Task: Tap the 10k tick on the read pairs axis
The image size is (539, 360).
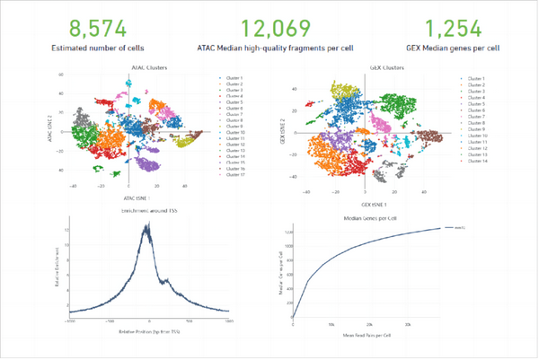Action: click(331, 324)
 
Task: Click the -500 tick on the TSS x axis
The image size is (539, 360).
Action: click(109, 320)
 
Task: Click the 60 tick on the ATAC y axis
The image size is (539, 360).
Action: click(60, 75)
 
